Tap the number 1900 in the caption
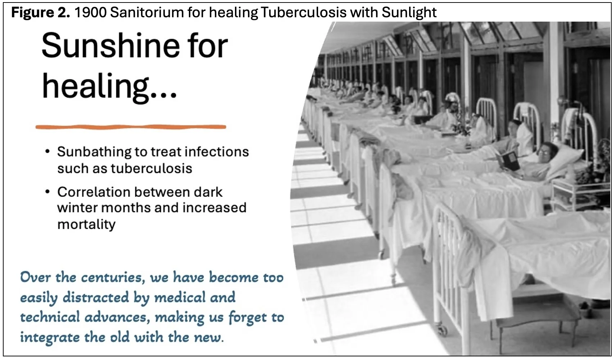[90, 13]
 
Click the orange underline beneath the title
[131, 127]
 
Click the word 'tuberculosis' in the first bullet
[151, 168]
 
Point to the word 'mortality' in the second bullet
[86, 224]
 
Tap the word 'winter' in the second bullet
[76, 208]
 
